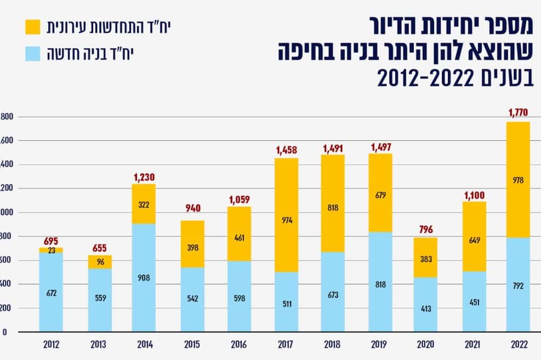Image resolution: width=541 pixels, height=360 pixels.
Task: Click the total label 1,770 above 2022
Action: point(518,113)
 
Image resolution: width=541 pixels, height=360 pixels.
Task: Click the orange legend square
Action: point(32,26)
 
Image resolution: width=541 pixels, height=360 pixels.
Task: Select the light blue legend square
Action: point(32,54)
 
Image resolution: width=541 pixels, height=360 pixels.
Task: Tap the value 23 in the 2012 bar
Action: point(50,250)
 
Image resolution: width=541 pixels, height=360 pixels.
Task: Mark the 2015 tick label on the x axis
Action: point(192,345)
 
